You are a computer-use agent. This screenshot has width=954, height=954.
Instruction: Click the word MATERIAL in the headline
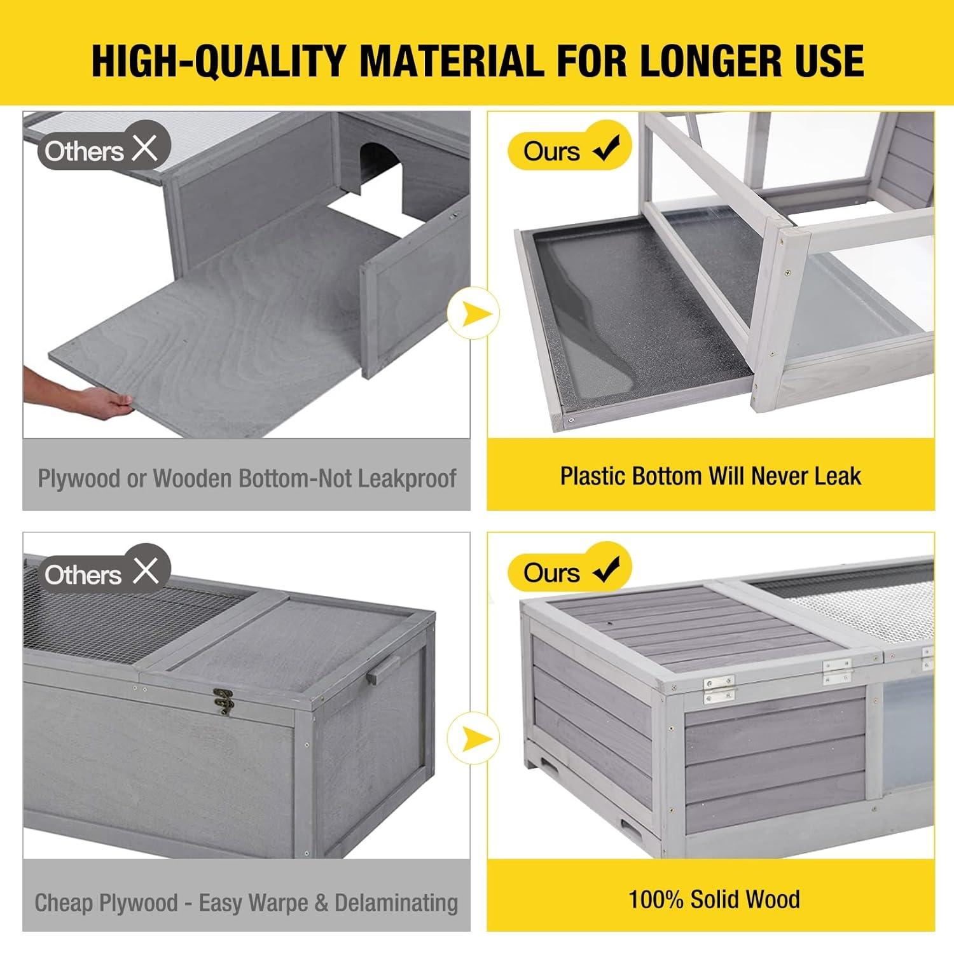451,61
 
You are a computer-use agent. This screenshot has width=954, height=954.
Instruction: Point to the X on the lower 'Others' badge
145,571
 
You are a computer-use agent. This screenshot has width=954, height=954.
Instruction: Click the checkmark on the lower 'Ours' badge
605,570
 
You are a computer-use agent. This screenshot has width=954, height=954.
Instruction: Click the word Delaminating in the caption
396,902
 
